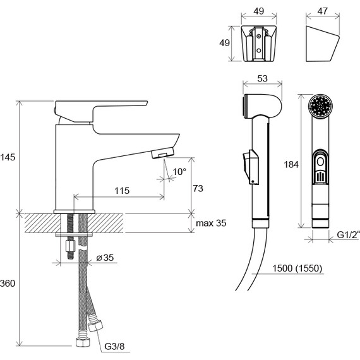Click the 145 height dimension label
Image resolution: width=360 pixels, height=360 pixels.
[8, 157]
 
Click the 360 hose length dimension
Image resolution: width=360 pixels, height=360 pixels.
[8, 284]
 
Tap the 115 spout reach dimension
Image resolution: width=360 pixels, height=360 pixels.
[122, 191]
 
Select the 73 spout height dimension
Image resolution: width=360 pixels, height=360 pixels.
[198, 188]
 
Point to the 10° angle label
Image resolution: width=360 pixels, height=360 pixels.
[179, 172]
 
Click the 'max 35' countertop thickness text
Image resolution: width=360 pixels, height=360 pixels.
[211, 223]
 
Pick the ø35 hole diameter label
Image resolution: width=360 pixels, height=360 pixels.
[105, 258]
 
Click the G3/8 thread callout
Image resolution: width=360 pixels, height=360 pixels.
[114, 347]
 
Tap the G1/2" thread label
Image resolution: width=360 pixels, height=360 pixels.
[347, 235]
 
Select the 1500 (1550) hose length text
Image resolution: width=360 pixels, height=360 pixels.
[297, 268]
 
